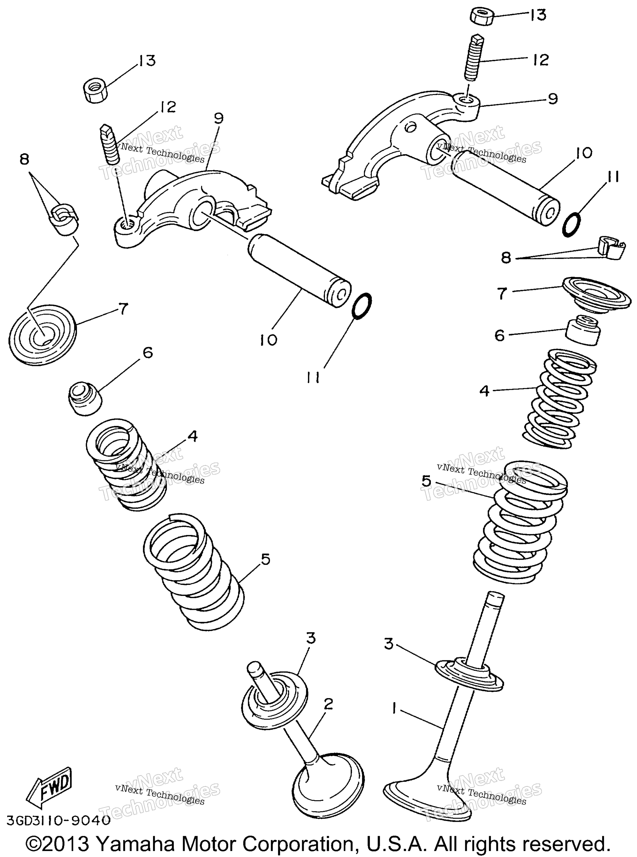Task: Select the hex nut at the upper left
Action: (x=95, y=90)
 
